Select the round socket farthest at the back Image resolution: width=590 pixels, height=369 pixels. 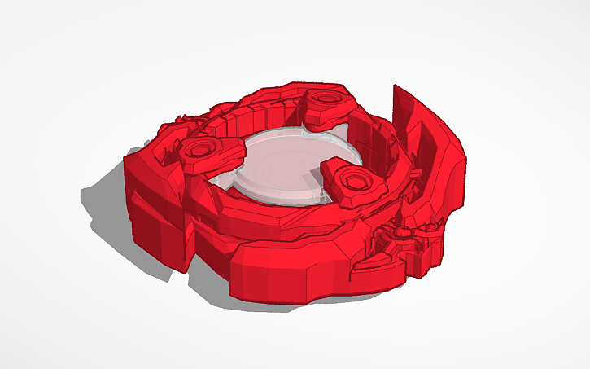[x=324, y=99]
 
